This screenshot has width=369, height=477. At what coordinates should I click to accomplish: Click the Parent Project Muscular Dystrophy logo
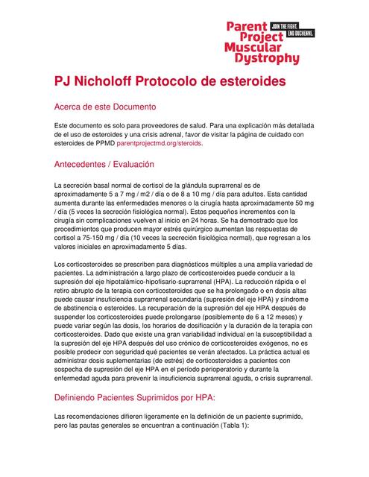click(262, 42)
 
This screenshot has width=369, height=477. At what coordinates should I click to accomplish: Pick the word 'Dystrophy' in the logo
click(263, 58)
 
